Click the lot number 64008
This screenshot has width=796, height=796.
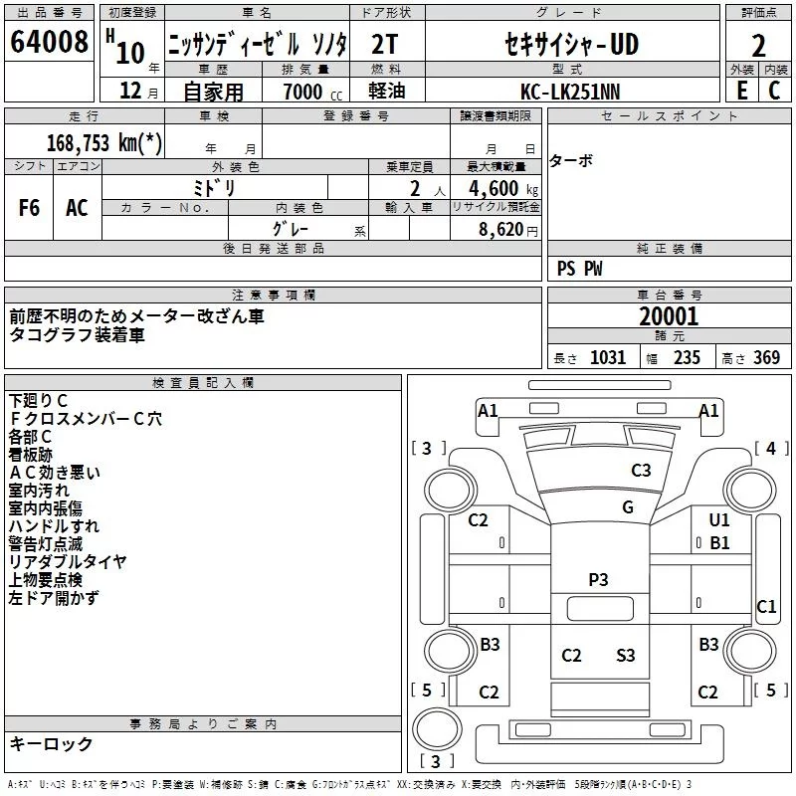pyautogui.click(x=49, y=42)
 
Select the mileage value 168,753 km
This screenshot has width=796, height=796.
pyautogui.click(x=104, y=142)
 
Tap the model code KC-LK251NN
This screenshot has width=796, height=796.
pyautogui.click(x=570, y=92)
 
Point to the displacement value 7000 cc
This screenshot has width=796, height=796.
pyautogui.click(x=312, y=92)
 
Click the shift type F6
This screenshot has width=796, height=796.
pyautogui.click(x=29, y=208)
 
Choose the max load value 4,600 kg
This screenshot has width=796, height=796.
pyautogui.click(x=503, y=188)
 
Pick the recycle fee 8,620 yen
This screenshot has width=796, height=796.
pyautogui.click(x=508, y=230)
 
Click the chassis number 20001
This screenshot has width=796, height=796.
pyautogui.click(x=669, y=316)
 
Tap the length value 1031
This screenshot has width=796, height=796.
pyautogui.click(x=608, y=357)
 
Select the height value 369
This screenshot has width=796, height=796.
pyautogui.click(x=766, y=357)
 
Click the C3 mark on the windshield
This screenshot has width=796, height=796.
pyautogui.click(x=641, y=470)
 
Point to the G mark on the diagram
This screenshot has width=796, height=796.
pyautogui.click(x=628, y=507)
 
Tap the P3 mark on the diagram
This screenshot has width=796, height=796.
pyautogui.click(x=598, y=579)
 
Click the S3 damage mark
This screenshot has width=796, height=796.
pyautogui.click(x=626, y=655)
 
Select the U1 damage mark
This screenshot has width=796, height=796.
pyautogui.click(x=718, y=519)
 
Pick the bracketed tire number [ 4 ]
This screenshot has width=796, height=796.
pyautogui.click(x=771, y=449)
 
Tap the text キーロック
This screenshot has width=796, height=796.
pyautogui.click(x=51, y=744)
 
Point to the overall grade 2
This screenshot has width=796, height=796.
pyautogui.click(x=758, y=46)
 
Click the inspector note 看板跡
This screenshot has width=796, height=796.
pyautogui.click(x=31, y=455)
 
